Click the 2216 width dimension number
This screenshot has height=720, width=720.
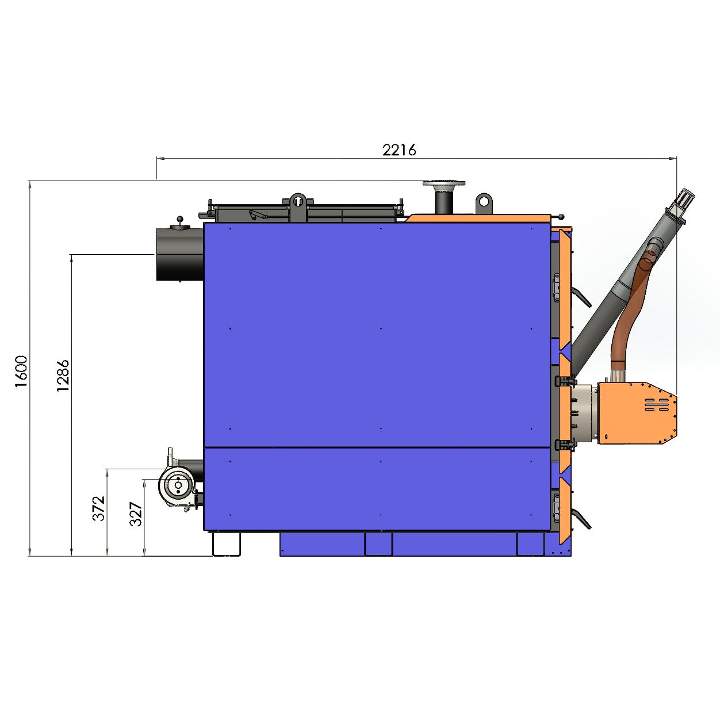click(x=399, y=150)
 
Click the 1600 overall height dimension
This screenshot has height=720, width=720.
click(x=21, y=372)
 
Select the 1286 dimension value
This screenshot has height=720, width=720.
click(x=63, y=376)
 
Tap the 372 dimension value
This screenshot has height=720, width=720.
click(x=99, y=508)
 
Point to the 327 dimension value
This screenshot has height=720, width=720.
click(x=136, y=515)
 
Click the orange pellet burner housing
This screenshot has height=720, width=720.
click(x=637, y=413)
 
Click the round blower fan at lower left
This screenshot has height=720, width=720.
click(x=177, y=485)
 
